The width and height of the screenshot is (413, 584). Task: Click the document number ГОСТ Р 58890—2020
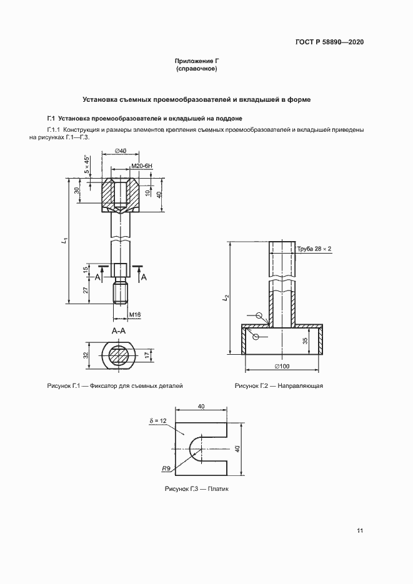click(x=329, y=42)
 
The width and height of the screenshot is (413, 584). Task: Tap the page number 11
click(x=360, y=531)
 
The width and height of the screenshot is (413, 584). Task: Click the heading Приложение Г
click(x=197, y=61)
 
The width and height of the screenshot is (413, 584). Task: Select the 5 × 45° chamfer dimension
click(x=87, y=167)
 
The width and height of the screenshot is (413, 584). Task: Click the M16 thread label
click(x=134, y=314)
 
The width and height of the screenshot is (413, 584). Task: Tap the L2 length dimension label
click(x=225, y=299)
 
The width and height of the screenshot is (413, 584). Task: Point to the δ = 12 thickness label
click(x=158, y=422)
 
